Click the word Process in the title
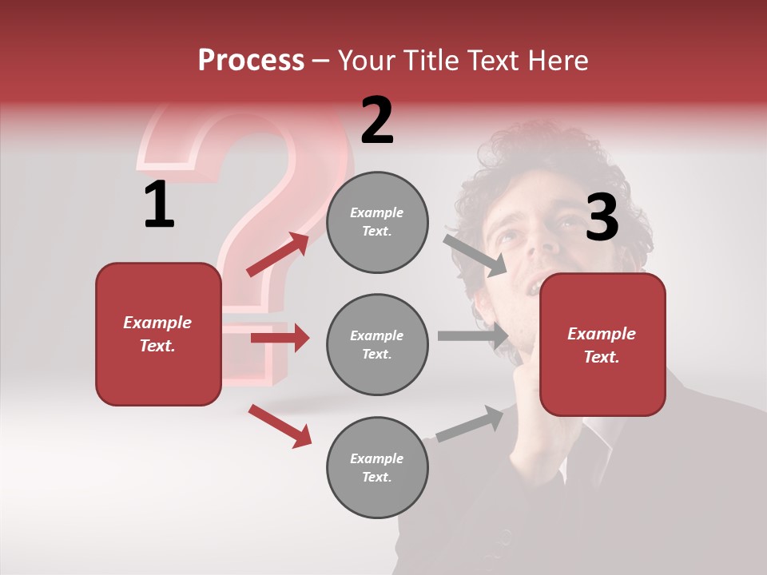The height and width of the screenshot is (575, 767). (251, 61)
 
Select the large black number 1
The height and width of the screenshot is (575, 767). (159, 205)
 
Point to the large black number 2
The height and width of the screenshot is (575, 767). (377, 121)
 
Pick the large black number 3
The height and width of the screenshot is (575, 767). (602, 218)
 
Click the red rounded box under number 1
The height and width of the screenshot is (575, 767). (158, 334)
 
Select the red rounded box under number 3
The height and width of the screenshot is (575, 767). (602, 345)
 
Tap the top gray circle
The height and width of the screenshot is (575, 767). (377, 222)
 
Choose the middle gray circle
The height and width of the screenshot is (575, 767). (377, 345)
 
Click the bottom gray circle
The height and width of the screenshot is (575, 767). (377, 468)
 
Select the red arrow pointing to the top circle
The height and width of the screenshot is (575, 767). (278, 254)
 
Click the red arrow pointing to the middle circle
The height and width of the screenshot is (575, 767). (280, 338)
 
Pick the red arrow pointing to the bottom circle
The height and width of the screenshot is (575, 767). (280, 426)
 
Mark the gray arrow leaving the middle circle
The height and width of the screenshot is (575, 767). (472, 336)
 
